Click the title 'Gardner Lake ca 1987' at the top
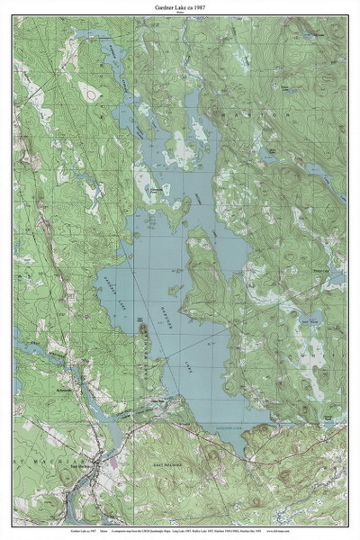[180, 6]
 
